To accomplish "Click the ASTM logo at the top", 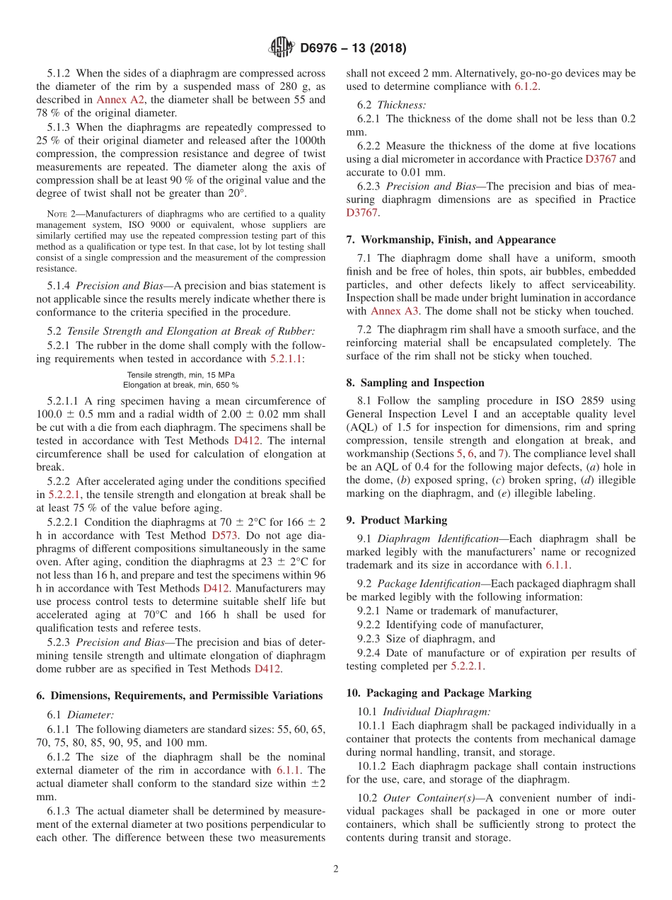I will pyautogui.click(x=281, y=47).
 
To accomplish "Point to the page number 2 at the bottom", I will pyautogui.click(x=336, y=869).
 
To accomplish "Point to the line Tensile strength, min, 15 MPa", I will pyautogui.click(x=181, y=375).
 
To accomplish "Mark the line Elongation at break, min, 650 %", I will pyautogui.click(x=181, y=385).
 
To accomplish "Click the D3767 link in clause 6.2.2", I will pyautogui.click(x=601, y=159).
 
